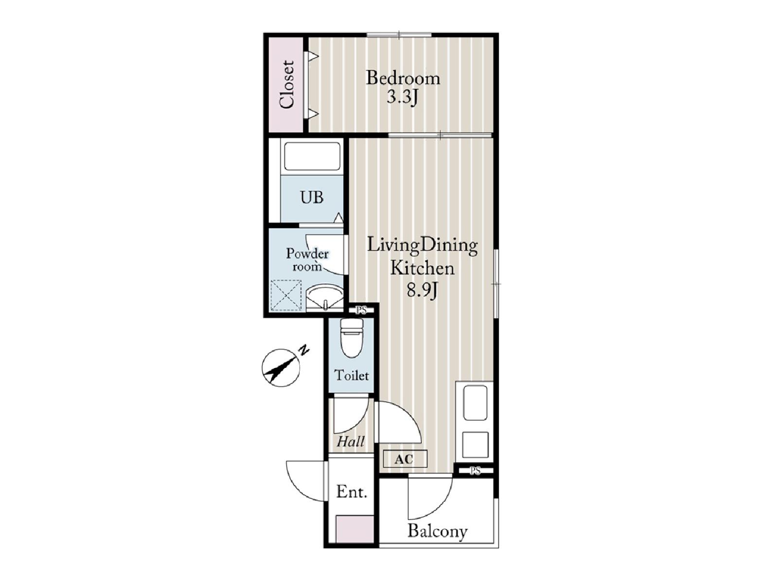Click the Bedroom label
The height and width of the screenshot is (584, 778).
click(x=403, y=78)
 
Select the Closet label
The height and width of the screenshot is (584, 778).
click(x=287, y=85)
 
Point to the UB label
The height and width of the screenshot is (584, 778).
click(x=312, y=197)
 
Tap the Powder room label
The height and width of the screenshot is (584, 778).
click(x=307, y=260)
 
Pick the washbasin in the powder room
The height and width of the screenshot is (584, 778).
click(x=324, y=297)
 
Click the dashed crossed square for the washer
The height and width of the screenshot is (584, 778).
click(x=286, y=295)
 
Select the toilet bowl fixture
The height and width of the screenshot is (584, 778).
click(x=352, y=338)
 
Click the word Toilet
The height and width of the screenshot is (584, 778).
click(x=352, y=375)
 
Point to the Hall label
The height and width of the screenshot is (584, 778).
click(x=351, y=441)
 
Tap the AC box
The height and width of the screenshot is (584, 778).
click(x=405, y=459)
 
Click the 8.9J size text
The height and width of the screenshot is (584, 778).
click(x=422, y=291)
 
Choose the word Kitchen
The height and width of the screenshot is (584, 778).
click(x=423, y=268)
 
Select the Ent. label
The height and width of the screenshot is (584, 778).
click(x=351, y=492)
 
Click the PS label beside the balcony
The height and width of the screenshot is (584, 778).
click(x=475, y=471)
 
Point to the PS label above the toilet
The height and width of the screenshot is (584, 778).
click(x=361, y=310)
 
